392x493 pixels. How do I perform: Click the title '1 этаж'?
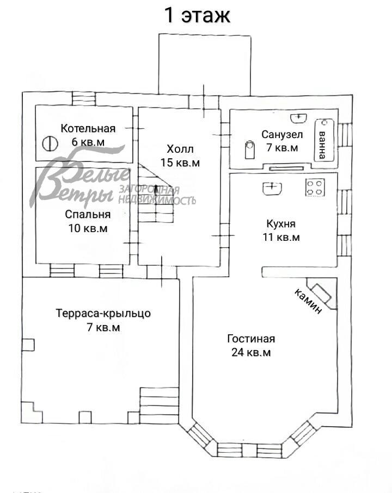click(198, 15)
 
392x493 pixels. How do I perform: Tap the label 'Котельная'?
click(88, 128)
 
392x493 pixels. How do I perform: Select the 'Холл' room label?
click(180, 149)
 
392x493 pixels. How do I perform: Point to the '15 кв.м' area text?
click(180, 162)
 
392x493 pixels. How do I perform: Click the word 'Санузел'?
click(279, 134)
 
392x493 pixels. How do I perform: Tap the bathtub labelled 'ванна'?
click(322, 139)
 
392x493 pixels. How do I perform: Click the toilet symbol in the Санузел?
click(250, 148)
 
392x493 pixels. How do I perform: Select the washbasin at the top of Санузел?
click(298, 117)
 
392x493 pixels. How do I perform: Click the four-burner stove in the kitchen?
click(315, 188)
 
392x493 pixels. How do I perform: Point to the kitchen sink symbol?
click(272, 188)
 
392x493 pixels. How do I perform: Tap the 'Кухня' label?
click(281, 223)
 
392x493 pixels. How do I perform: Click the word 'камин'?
click(308, 301)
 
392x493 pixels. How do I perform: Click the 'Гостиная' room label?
click(250, 339)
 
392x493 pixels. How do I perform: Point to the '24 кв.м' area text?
click(250, 352)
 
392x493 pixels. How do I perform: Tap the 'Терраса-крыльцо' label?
click(103, 314)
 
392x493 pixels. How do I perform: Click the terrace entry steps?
click(159, 405)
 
